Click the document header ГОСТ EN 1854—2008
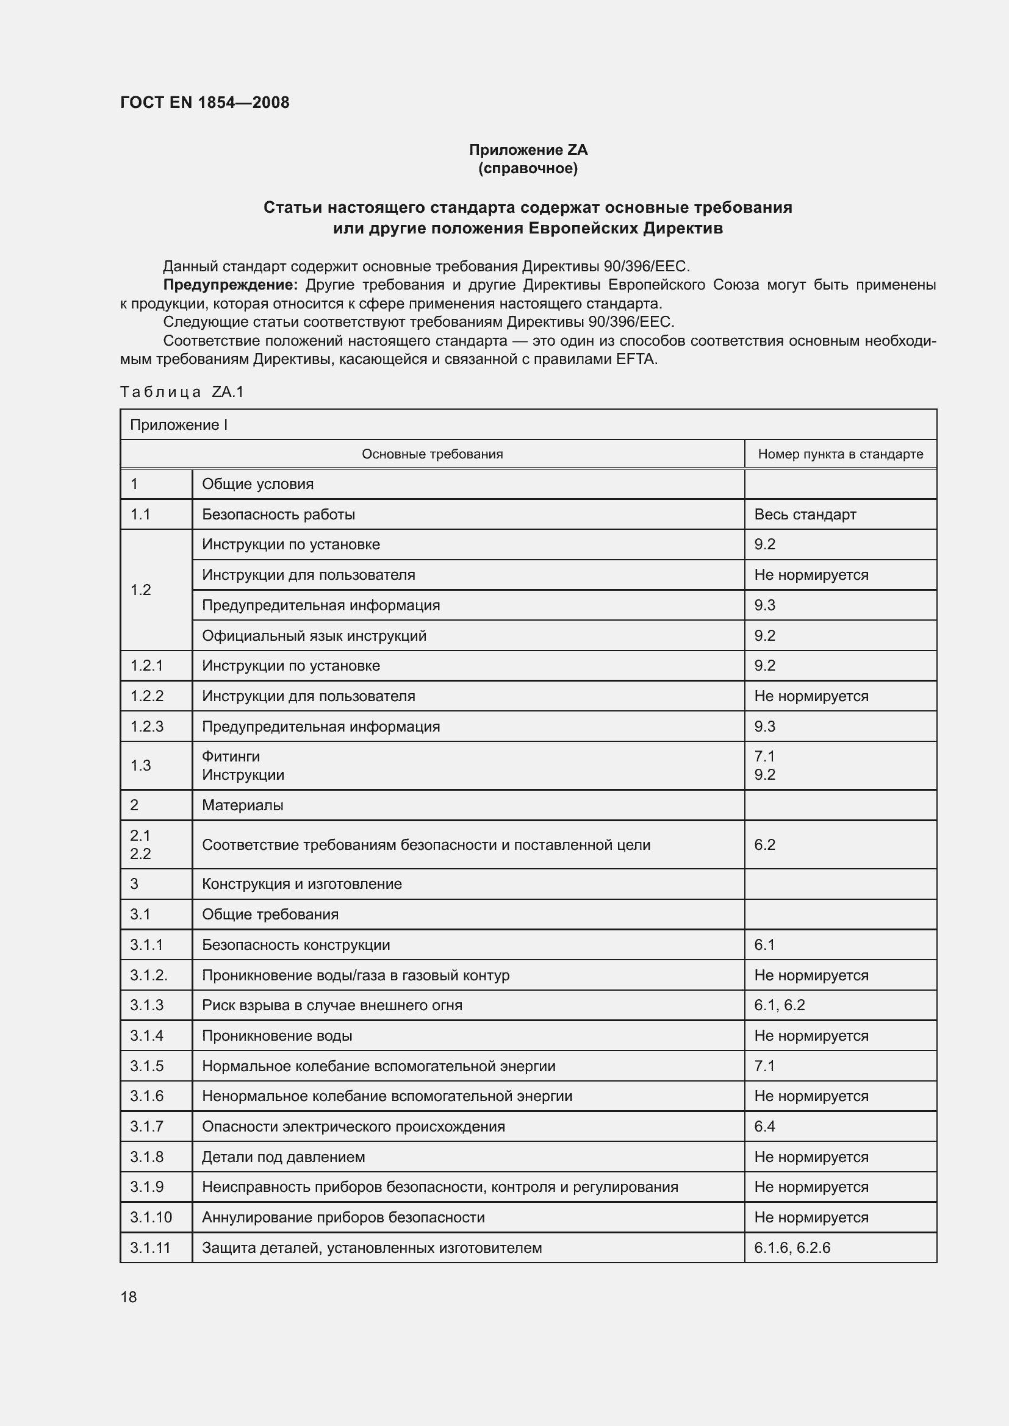coord(204,102)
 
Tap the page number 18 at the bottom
coord(129,1297)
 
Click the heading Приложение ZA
coord(528,150)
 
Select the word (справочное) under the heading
coord(528,168)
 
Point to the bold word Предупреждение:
coord(230,285)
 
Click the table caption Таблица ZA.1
coord(182,392)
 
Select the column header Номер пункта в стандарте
coord(840,454)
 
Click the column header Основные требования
coord(433,454)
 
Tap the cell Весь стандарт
coord(805,515)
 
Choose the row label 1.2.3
coord(146,727)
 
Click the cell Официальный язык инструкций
coord(314,635)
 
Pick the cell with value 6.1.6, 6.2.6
coord(792,1248)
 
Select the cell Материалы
coord(242,805)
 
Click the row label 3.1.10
coord(151,1217)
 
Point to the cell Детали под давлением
coord(283,1157)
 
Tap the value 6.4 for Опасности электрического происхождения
coord(764,1126)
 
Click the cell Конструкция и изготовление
coord(302,884)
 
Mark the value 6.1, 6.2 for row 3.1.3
coord(779,1005)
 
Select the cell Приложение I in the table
coord(179,425)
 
